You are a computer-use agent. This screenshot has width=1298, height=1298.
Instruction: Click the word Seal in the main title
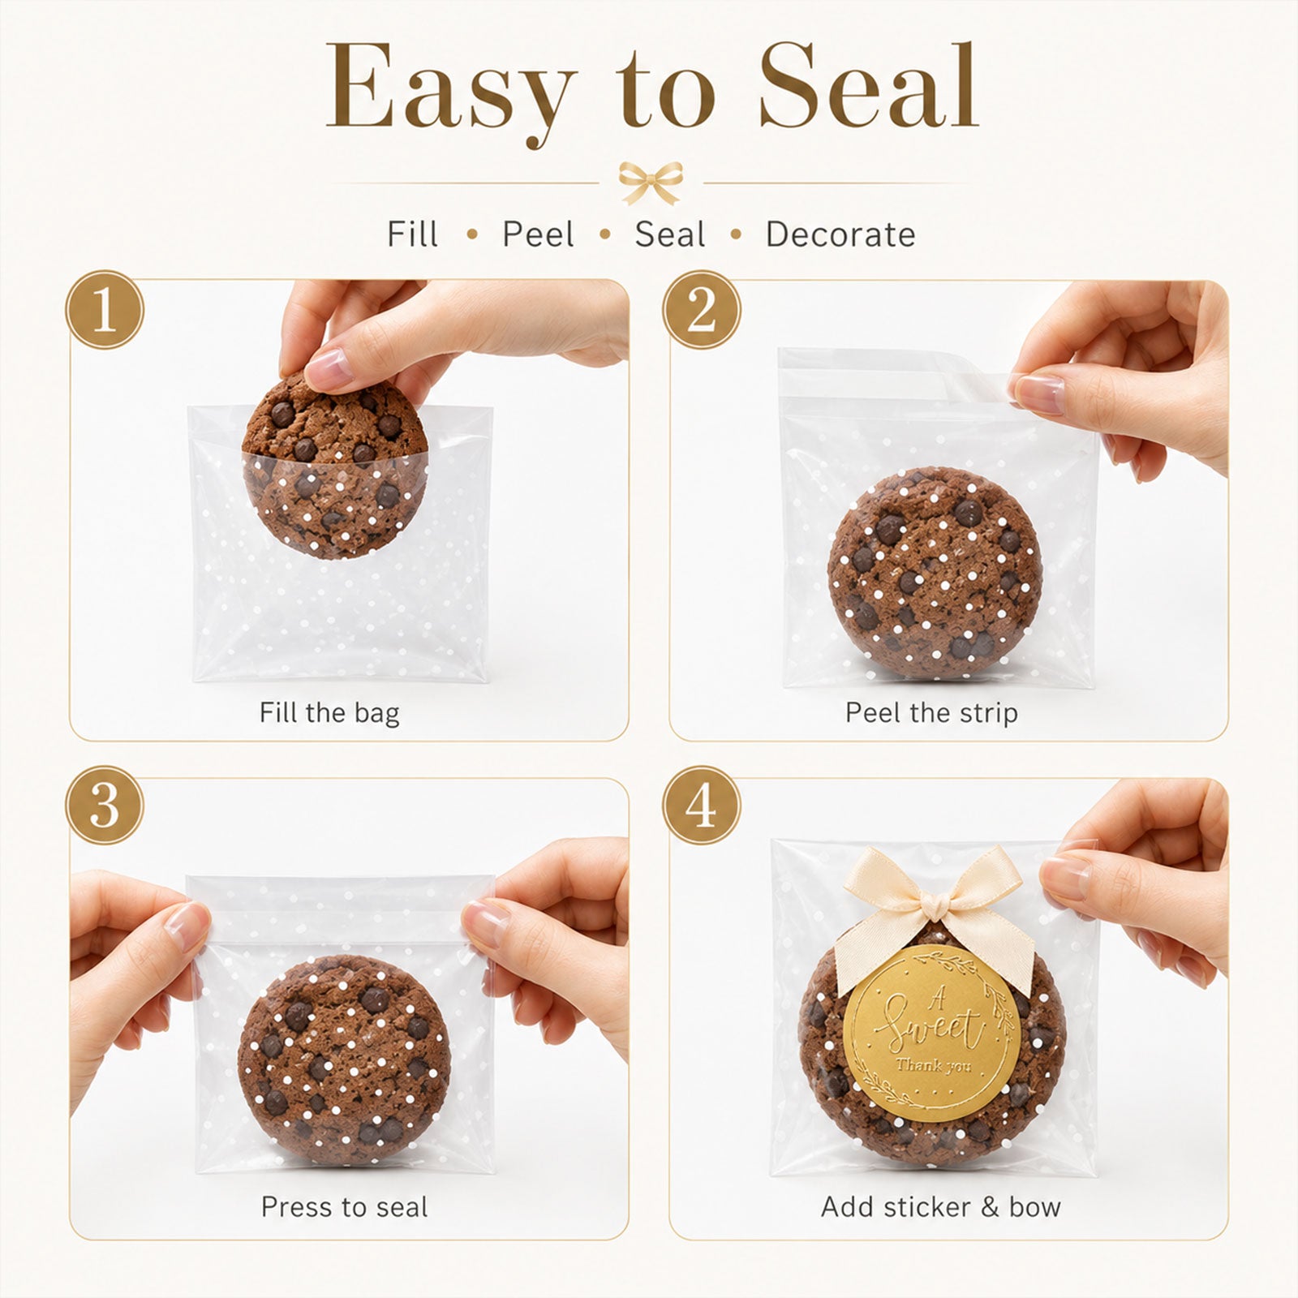pos(869,87)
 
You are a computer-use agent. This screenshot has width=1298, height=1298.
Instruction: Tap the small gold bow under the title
pos(651,182)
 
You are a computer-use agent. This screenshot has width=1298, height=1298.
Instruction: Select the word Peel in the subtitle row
pos(538,234)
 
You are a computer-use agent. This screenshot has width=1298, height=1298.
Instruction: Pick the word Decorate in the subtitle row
pos(840,234)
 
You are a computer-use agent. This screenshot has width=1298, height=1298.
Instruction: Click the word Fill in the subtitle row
pos(412,234)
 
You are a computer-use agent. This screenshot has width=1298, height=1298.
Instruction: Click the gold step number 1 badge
pos(105,310)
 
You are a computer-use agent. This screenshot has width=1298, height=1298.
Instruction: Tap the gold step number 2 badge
pos(702,310)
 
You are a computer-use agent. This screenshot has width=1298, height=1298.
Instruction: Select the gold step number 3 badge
pos(105,806)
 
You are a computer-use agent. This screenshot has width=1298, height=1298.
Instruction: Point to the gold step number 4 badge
pos(702,806)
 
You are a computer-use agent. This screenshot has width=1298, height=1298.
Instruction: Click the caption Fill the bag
pos(329,713)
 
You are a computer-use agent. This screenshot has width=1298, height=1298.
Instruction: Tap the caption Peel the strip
pos(931,712)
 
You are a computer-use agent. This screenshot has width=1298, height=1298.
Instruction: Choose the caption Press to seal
pos(344,1207)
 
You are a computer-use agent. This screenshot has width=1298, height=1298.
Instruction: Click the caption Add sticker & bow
pos(941,1207)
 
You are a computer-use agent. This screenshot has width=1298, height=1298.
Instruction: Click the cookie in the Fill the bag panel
pos(334,466)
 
